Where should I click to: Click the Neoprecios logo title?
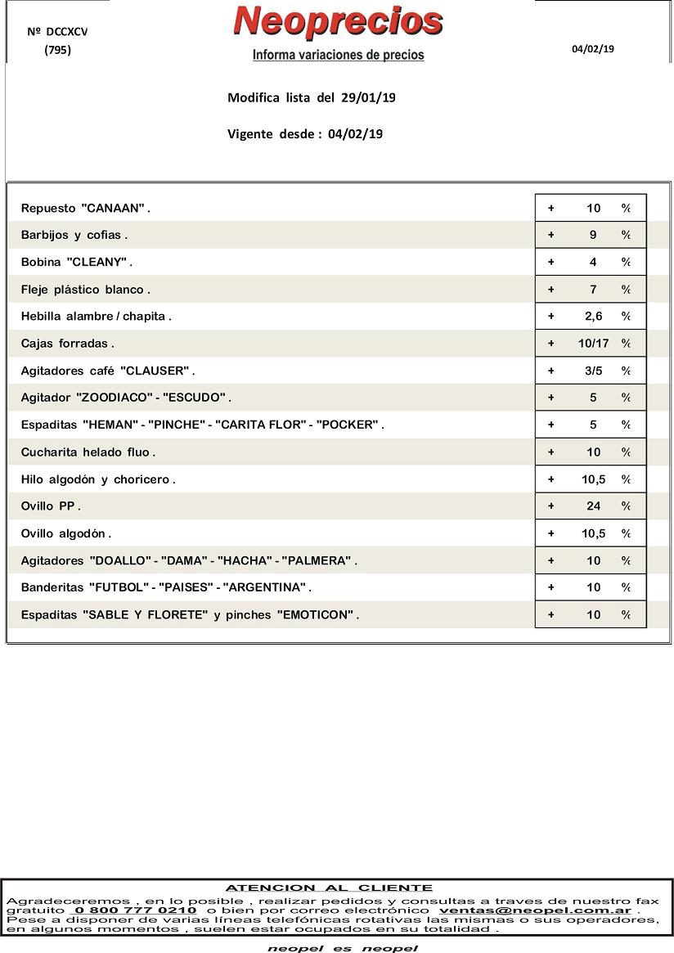point(338,22)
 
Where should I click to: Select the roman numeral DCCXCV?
point(67,32)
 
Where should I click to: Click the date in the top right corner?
point(593,49)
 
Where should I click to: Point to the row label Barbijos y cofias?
point(73,236)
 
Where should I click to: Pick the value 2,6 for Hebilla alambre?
point(593,317)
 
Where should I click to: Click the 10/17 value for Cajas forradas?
point(593,344)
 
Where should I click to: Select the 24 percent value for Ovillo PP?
point(593,506)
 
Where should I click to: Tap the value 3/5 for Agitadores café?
point(593,371)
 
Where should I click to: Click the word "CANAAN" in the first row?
point(113,209)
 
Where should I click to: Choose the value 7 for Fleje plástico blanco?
point(593,290)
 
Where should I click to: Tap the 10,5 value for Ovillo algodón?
point(593,533)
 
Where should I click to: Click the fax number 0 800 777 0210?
point(135,910)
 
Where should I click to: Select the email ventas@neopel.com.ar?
point(535,910)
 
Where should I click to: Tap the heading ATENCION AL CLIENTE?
point(329,888)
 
